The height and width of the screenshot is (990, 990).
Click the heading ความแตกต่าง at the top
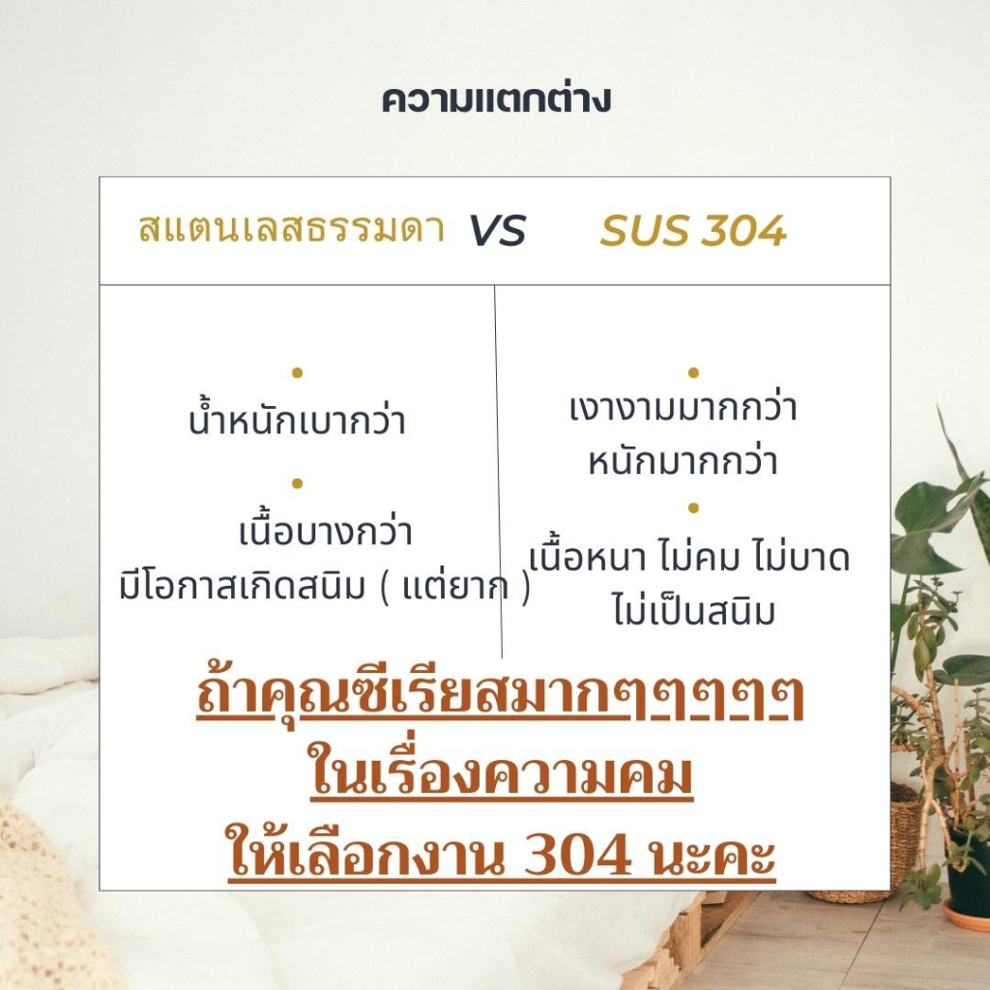tap(496, 100)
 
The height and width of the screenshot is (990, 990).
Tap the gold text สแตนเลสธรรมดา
tap(292, 228)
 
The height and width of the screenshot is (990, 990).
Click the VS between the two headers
tap(497, 230)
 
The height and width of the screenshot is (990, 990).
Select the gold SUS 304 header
tap(692, 230)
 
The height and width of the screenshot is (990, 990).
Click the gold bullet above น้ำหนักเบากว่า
tap(298, 372)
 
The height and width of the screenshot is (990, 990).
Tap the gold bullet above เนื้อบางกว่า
tap(298, 483)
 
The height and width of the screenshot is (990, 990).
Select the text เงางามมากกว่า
tap(684, 407)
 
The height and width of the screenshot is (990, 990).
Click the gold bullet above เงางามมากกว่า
tap(693, 372)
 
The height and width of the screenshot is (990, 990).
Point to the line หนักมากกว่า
tap(684, 461)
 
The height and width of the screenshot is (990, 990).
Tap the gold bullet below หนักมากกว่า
tap(693, 508)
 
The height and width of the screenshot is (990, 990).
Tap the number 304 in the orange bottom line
tap(578, 854)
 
